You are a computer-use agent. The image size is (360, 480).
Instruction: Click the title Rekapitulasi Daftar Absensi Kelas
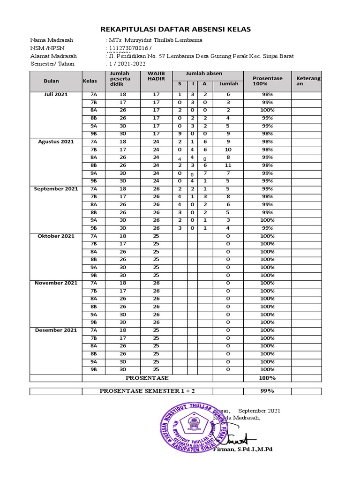pyautogui.click(x=180, y=29)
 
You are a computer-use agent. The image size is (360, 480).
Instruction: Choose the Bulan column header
pyautogui.click(x=51, y=81)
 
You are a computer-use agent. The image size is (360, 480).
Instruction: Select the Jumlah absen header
pyautogui.click(x=204, y=74)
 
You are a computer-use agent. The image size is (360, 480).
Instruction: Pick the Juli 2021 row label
pyautogui.click(x=56, y=94)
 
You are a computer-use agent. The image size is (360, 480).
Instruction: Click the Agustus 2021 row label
pyautogui.click(x=56, y=142)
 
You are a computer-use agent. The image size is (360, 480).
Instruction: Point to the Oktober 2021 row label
pyautogui.click(x=56, y=236)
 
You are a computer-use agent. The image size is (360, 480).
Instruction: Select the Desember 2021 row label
pyautogui.click(x=56, y=330)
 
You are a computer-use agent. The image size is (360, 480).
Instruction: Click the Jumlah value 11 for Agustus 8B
pyautogui.click(x=228, y=165)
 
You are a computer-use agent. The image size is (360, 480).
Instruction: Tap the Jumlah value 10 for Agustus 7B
pyautogui.click(x=228, y=150)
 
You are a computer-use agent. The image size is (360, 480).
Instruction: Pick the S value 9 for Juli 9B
pyautogui.click(x=179, y=134)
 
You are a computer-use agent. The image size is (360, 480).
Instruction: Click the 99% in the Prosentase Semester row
pyautogui.click(x=267, y=391)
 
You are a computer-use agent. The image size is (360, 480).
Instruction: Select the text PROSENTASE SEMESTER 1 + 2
pyautogui.click(x=147, y=391)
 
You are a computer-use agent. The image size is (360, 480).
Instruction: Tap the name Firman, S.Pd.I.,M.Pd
pyautogui.click(x=242, y=449)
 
